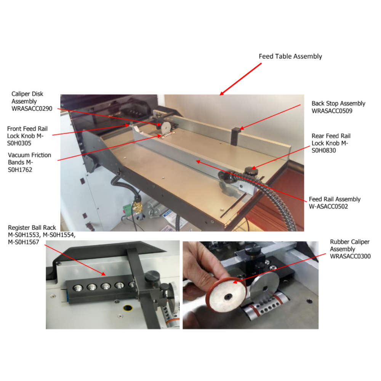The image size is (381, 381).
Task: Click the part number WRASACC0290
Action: tap(32, 109)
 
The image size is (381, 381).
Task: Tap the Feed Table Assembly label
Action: tap(290, 56)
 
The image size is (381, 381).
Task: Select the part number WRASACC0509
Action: tap(332, 111)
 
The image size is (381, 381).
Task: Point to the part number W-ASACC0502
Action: tap(328, 207)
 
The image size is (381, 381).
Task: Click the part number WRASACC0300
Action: tap(350, 256)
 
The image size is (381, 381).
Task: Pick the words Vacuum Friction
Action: tap(29, 155)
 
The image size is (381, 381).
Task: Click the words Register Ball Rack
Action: tap(32, 228)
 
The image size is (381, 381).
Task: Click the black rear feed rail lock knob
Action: tap(251, 170)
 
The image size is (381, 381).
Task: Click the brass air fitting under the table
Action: tap(137, 205)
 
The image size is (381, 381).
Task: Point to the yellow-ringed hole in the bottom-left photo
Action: tap(128, 308)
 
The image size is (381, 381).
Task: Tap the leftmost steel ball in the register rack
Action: tap(78, 288)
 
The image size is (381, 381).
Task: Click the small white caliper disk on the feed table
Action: tap(165, 127)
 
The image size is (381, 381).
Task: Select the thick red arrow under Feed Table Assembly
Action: tap(240, 79)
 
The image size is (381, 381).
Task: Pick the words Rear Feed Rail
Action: tap(331, 136)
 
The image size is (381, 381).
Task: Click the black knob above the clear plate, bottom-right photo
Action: tap(253, 250)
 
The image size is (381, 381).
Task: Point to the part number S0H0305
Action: tap(19, 143)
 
